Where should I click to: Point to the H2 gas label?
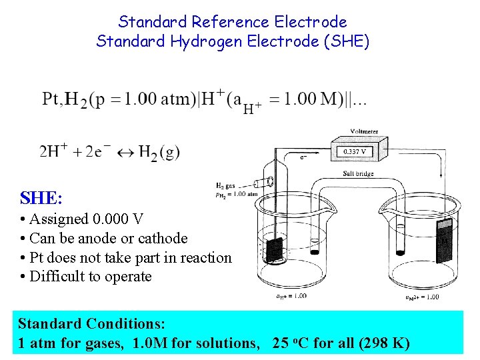click(x=226, y=185)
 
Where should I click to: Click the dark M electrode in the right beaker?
click(x=444, y=239)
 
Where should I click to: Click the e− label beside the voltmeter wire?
click(x=305, y=158)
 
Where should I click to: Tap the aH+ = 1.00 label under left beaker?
click(x=291, y=296)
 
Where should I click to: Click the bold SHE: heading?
click(x=41, y=198)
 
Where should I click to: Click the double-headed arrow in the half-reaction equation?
click(x=125, y=153)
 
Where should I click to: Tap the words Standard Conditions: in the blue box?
click(x=91, y=324)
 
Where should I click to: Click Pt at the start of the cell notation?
click(x=52, y=99)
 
